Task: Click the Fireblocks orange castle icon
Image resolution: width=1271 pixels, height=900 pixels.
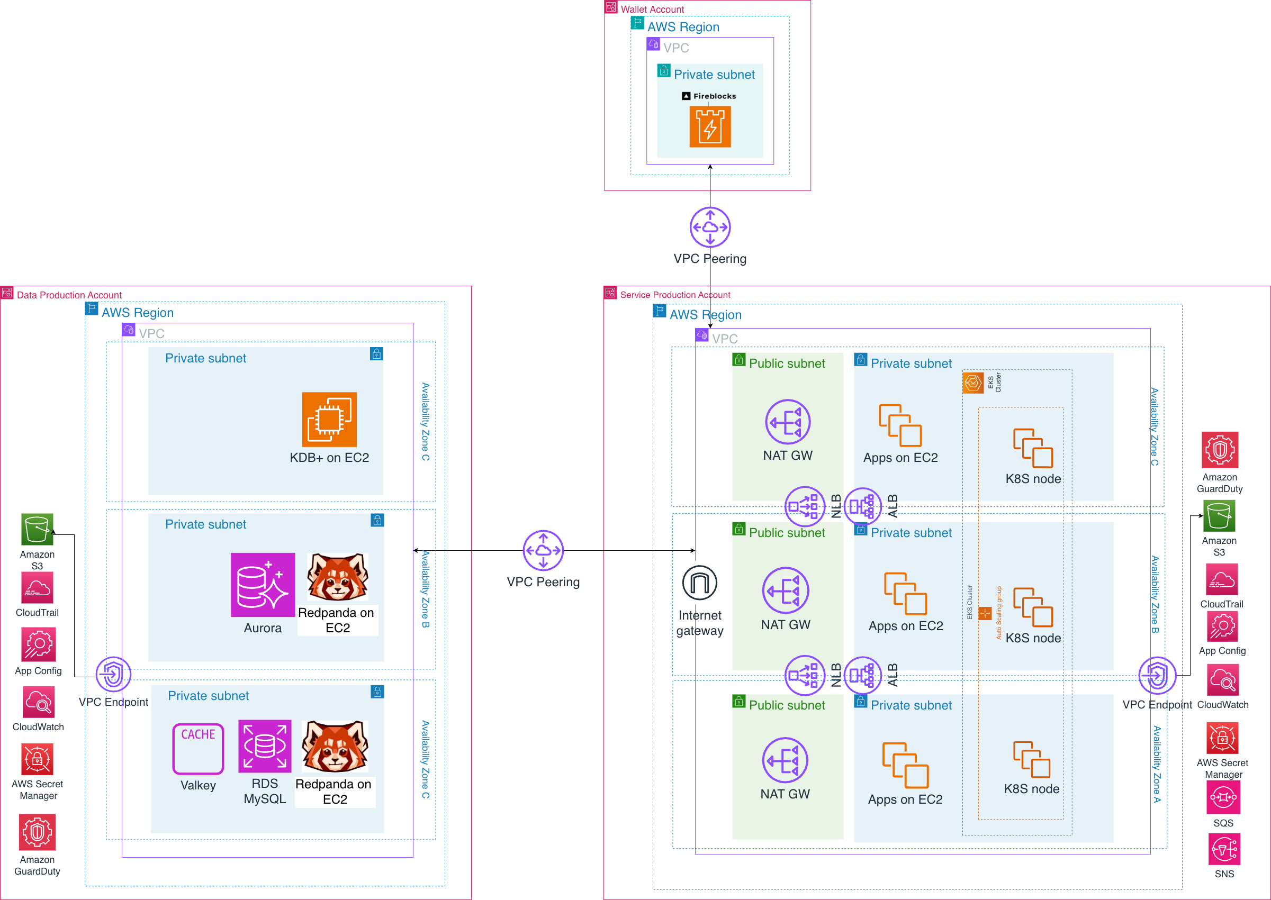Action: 709,127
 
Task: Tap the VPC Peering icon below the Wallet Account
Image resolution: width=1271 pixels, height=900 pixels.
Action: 709,227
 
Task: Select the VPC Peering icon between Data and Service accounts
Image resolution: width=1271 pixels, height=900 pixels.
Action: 543,550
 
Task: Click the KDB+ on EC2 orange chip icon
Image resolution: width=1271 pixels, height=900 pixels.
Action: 329,420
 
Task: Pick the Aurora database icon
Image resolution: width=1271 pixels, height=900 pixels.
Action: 263,585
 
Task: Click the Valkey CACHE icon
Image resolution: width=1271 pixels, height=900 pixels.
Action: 198,748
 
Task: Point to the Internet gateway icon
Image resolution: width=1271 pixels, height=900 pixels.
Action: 699,583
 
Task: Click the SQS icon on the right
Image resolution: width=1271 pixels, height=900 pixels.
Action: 1223,797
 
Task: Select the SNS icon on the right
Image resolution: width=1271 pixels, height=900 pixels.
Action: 1224,849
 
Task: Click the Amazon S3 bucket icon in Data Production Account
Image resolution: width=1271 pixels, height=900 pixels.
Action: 37,529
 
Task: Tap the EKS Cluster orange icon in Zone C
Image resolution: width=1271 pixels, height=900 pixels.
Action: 973,383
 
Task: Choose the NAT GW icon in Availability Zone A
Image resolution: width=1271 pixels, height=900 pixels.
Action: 785,760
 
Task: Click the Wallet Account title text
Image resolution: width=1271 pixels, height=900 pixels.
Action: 652,10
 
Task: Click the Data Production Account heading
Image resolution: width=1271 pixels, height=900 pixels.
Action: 69,295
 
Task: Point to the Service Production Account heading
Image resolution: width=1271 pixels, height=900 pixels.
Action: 674,295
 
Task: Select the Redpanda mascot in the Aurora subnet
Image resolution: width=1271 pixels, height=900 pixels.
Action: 338,577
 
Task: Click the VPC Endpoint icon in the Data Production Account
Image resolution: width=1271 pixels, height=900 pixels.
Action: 114,674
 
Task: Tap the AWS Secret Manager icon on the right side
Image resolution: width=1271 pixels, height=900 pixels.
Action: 1222,738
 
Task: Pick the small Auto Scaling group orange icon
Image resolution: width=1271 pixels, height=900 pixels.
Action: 985,613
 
